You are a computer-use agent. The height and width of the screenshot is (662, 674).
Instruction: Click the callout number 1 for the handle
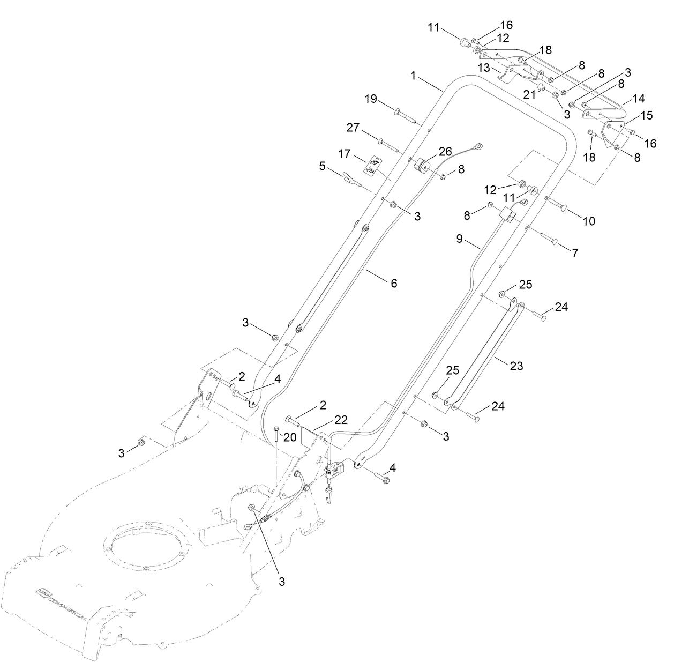(413, 76)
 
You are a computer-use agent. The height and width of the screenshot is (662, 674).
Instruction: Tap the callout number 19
(371, 99)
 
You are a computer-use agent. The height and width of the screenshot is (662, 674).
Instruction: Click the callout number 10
(589, 221)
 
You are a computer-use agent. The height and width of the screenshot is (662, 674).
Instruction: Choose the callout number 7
(575, 253)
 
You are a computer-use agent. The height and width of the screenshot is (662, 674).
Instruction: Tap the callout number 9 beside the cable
(460, 239)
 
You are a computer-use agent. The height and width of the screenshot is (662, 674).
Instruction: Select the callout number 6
(394, 283)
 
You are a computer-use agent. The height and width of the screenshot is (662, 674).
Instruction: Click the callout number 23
(516, 366)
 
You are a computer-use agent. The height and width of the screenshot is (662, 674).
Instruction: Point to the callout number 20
(290, 437)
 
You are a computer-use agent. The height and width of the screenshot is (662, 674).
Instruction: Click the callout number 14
(639, 99)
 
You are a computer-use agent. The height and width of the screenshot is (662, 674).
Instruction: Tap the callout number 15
(647, 115)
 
